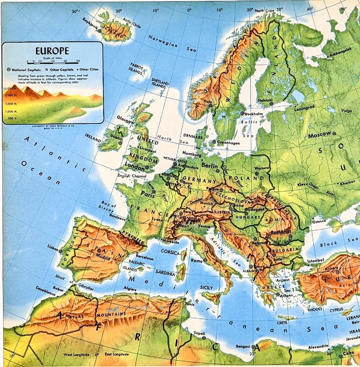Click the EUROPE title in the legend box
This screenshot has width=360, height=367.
52,50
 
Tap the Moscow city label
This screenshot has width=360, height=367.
320,135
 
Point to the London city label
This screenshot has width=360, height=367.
136,167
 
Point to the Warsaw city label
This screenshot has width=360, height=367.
262,168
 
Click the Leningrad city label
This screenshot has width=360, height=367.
305,107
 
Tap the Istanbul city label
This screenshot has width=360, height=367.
316,260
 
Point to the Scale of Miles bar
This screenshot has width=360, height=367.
52,61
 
